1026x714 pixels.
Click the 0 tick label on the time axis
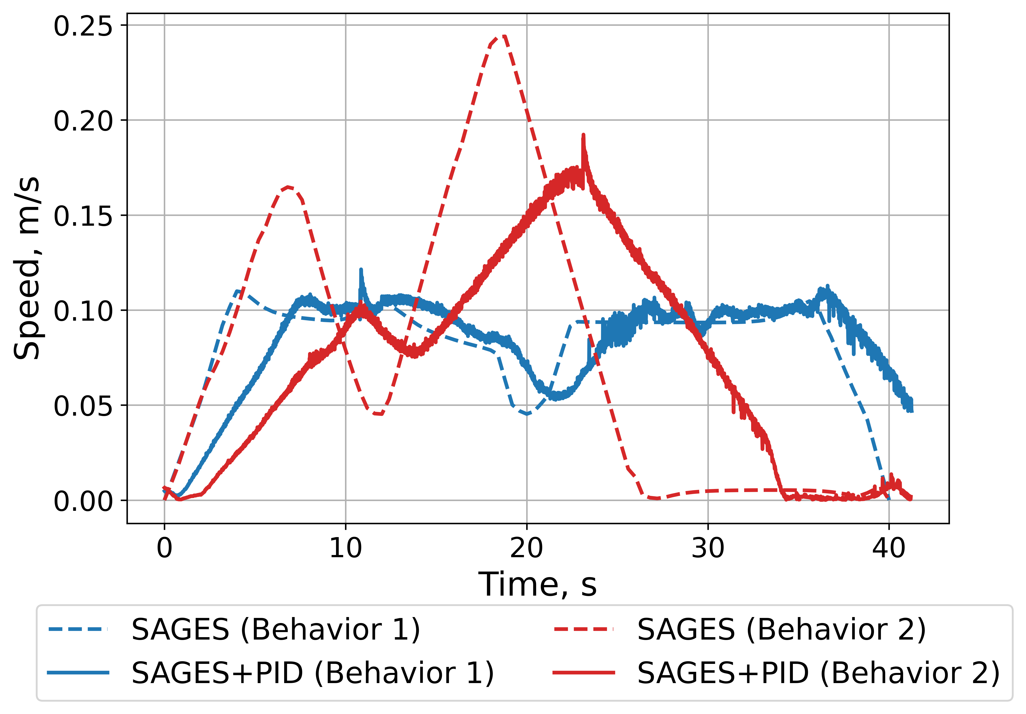pos(164,548)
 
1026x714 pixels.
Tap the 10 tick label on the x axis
pos(345,548)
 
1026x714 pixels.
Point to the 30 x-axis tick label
pos(708,548)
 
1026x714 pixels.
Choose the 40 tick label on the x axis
pos(889,548)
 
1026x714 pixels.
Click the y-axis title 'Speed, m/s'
pos(27,268)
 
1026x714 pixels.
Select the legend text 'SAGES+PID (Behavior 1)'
pos(313,672)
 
